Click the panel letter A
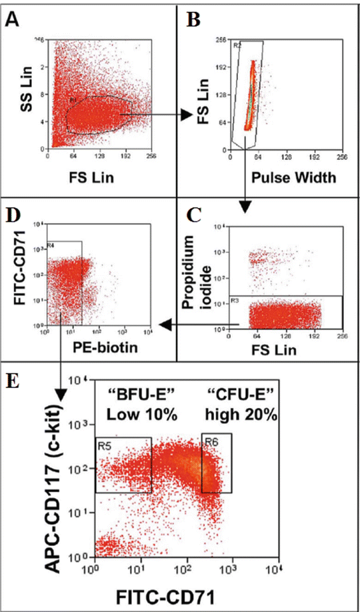point(12,20)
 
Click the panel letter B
point(193,20)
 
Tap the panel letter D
point(12,215)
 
